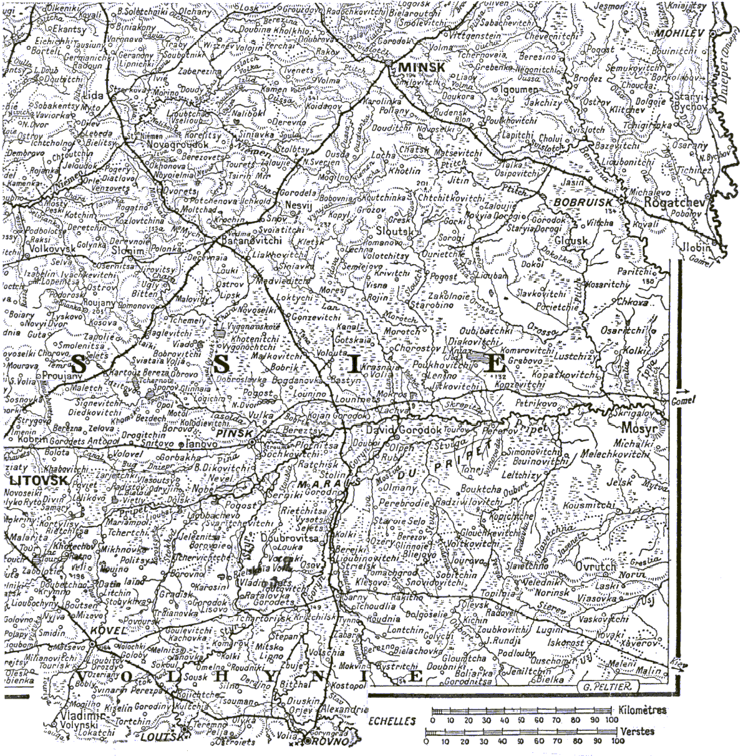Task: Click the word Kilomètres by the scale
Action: [644, 710]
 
